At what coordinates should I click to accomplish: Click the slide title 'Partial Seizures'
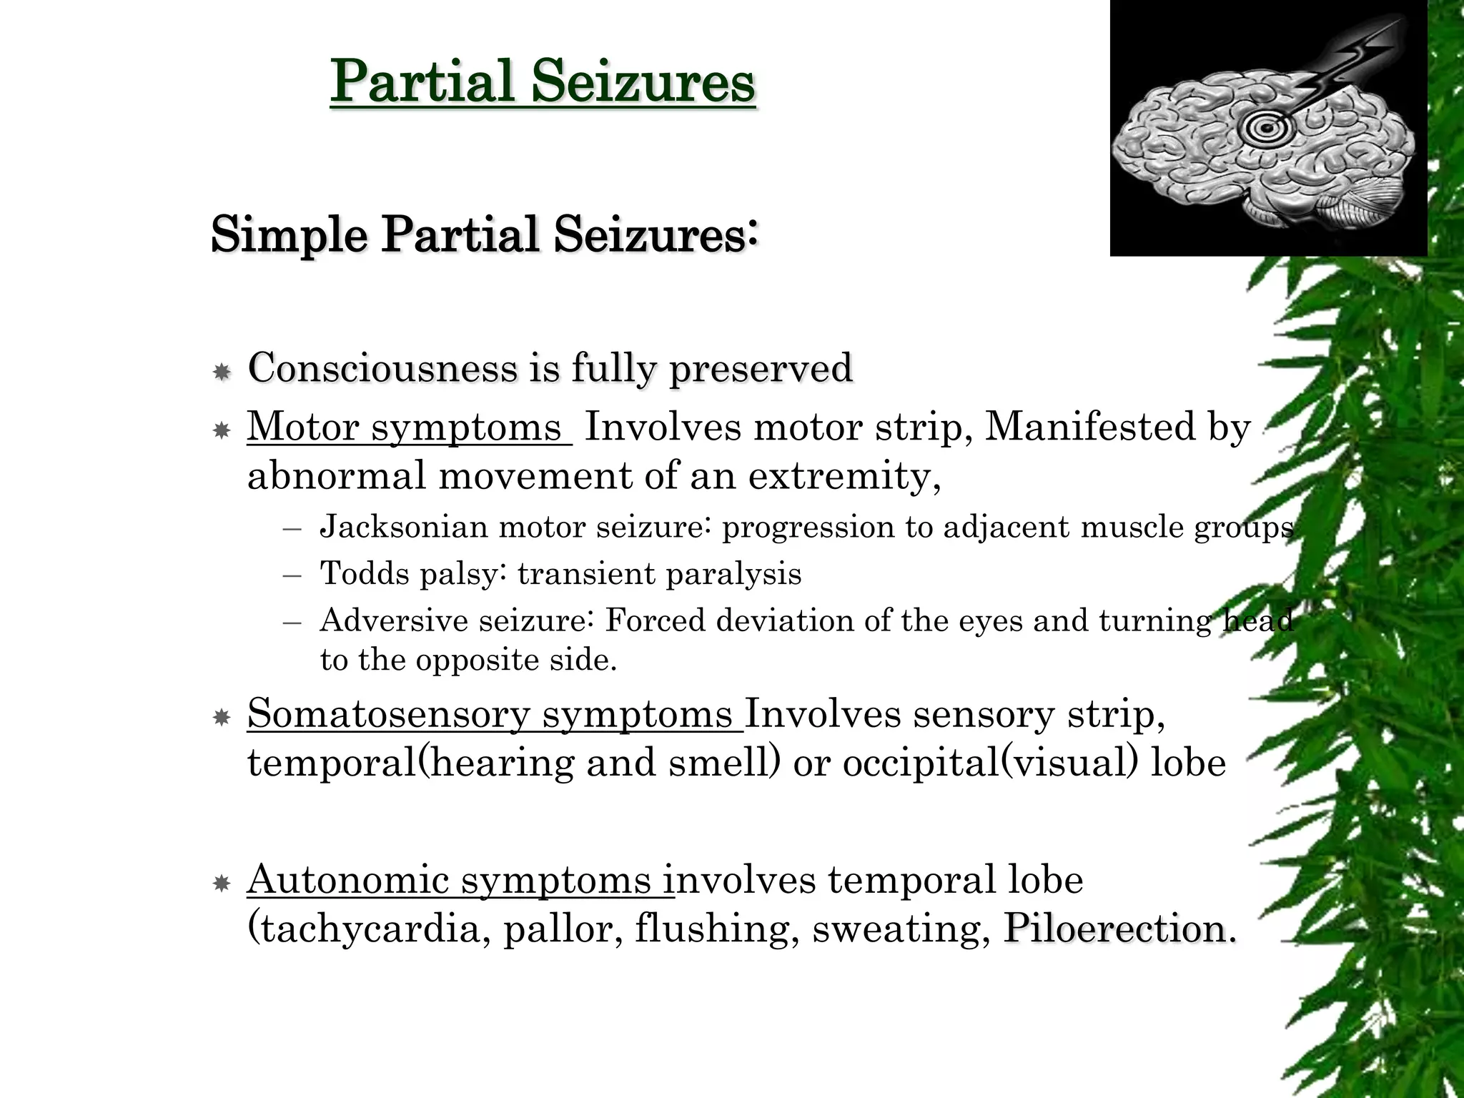click(x=543, y=81)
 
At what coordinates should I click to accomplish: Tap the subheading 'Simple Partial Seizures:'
click(x=484, y=234)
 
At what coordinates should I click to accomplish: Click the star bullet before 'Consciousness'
click(x=222, y=372)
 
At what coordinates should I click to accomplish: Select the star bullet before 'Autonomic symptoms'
click(x=222, y=884)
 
